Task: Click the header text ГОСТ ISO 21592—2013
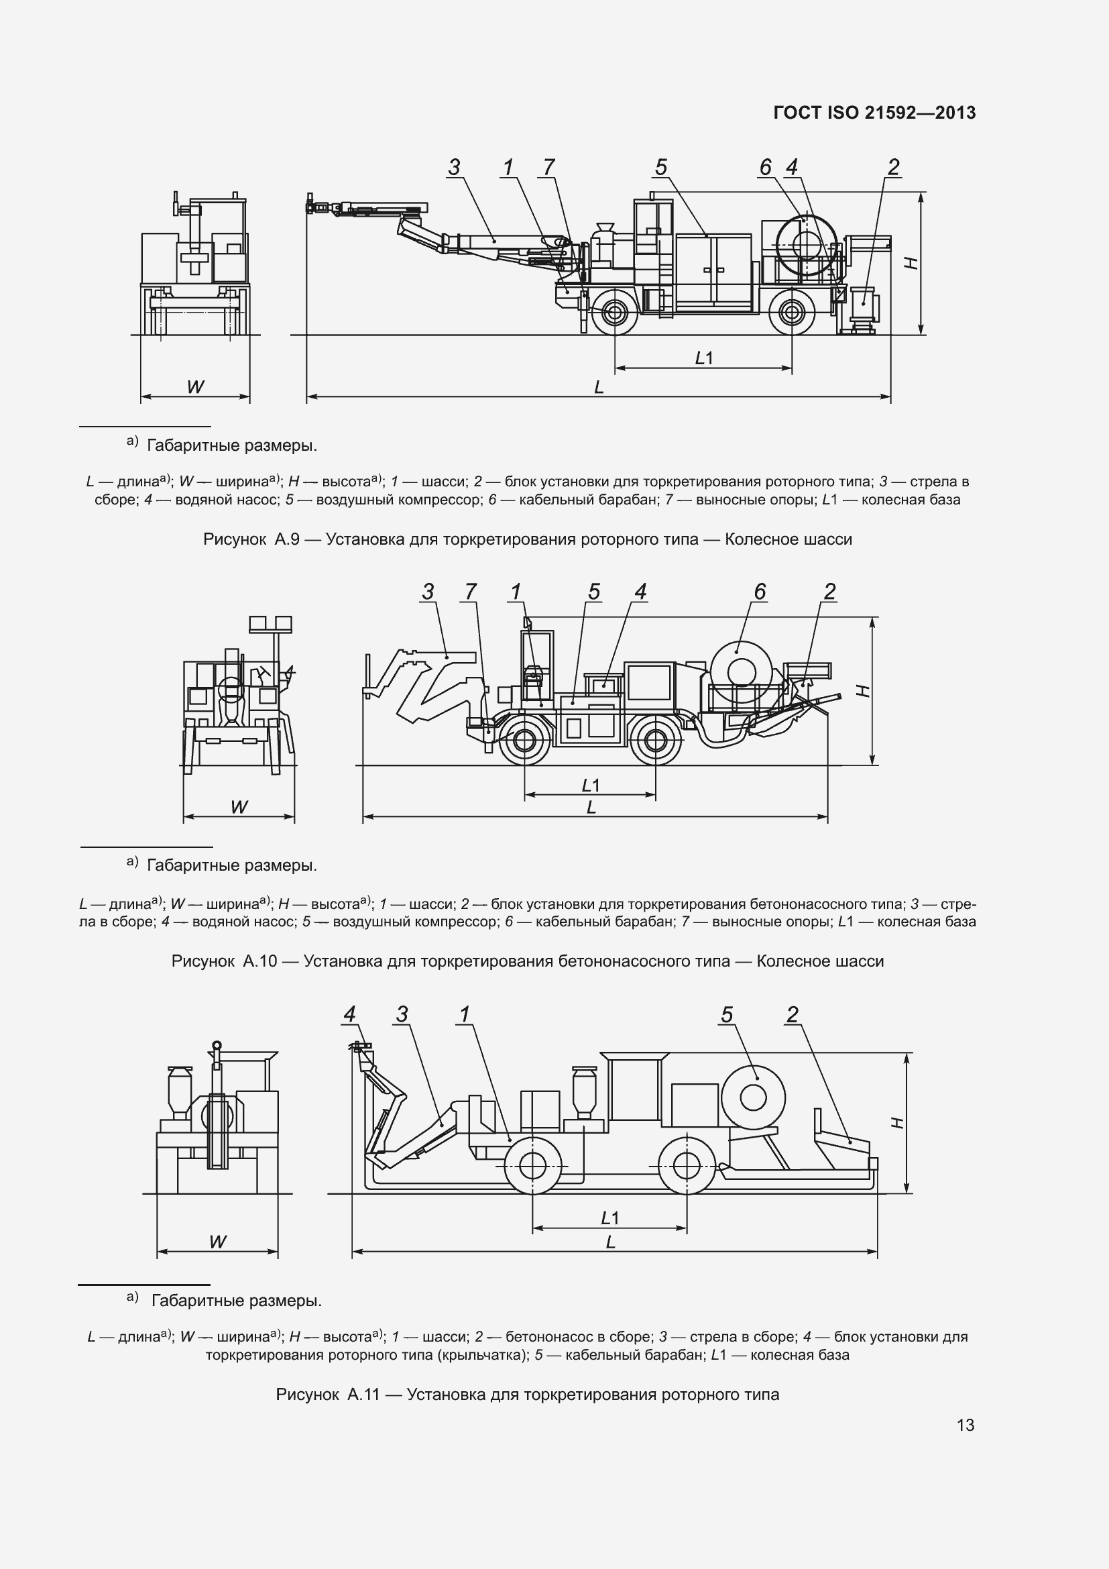point(874,113)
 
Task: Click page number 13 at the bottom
point(966,1425)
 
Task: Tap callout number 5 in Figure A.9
point(660,167)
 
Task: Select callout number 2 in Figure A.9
point(893,167)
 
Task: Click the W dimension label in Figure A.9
point(195,388)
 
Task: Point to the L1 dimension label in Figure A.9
point(703,358)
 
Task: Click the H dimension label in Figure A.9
point(911,262)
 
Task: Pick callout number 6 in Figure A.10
point(760,591)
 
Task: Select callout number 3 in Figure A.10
point(428,591)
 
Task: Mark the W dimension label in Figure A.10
point(238,807)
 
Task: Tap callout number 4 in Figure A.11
point(349,1015)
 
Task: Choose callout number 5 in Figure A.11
point(727,1015)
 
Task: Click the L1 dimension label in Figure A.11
point(609,1218)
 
